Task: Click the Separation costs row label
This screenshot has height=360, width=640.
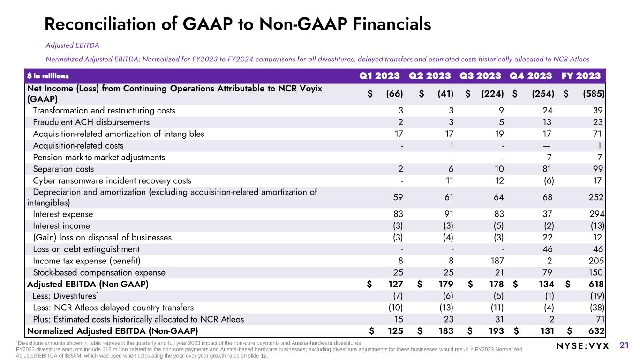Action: click(63, 169)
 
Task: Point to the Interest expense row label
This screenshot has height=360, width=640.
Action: click(63, 214)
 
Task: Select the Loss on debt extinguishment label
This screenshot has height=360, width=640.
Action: click(86, 249)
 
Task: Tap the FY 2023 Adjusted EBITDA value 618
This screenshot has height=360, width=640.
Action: click(595, 284)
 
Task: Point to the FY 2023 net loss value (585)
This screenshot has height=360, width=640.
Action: click(593, 93)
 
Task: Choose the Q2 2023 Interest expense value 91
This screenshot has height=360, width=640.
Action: click(447, 214)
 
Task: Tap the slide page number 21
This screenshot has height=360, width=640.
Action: click(624, 346)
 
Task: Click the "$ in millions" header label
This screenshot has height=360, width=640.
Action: click(48, 76)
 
